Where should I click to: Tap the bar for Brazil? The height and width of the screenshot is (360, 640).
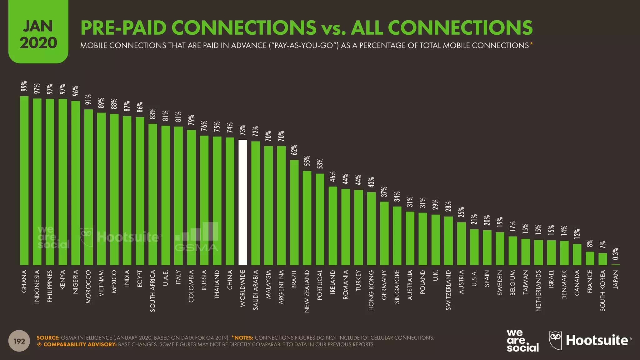pyautogui.click(x=294, y=212)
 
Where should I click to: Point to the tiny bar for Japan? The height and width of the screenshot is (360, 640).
pyautogui.click(x=615, y=265)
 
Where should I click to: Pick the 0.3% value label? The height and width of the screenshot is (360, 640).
pyautogui.click(x=615, y=254)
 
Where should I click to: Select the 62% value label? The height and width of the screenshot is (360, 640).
pyautogui.click(x=294, y=150)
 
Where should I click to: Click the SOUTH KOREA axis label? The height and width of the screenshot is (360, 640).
pyautogui.click(x=602, y=291)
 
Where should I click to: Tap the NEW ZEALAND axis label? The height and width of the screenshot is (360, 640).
pyautogui.click(x=307, y=292)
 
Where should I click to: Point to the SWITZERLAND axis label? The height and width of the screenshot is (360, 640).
pyautogui.click(x=448, y=290)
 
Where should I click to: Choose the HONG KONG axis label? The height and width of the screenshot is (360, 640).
pyautogui.click(x=371, y=290)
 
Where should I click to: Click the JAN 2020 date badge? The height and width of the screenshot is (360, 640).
pyautogui.click(x=38, y=34)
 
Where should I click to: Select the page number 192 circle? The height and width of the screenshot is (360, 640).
pyautogui.click(x=19, y=341)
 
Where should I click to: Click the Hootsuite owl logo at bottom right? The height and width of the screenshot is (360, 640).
pyautogui.click(x=555, y=340)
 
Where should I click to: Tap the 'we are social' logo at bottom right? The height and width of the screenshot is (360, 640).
pyautogui.click(x=522, y=341)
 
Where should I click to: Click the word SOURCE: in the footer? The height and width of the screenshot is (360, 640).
pyautogui.click(x=48, y=338)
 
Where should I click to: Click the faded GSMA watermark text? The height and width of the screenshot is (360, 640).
pyautogui.click(x=196, y=248)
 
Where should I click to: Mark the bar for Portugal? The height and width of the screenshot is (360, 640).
pyautogui.click(x=320, y=219)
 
